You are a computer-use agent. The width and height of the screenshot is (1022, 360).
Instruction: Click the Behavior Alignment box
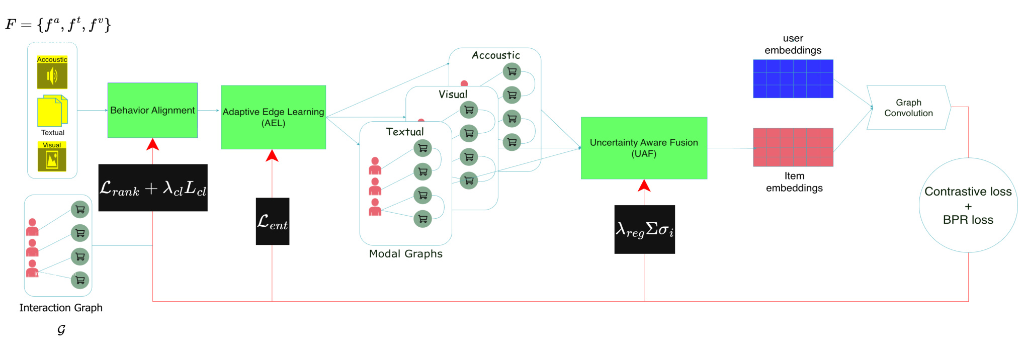[152, 110]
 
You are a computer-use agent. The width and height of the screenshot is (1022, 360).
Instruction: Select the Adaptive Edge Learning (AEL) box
[273, 117]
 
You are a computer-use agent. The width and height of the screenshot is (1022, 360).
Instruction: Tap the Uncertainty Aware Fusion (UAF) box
[644, 148]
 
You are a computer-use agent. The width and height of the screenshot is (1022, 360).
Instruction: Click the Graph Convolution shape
[908, 108]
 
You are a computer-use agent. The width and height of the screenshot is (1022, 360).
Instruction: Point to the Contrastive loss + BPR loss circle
[968, 205]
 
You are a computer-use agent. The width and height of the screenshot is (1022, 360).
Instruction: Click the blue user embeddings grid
[793, 78]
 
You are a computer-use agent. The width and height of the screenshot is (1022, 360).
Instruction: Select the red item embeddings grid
[793, 147]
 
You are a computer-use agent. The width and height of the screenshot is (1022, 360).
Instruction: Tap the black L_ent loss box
[273, 221]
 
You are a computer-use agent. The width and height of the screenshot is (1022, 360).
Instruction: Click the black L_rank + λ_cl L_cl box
[153, 188]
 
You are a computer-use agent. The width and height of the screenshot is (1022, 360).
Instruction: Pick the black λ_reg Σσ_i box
[645, 229]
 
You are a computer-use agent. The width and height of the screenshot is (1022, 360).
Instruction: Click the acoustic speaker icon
[52, 76]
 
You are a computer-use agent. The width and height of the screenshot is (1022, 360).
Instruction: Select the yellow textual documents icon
[52, 111]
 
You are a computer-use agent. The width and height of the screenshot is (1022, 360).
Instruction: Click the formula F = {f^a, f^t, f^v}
[58, 24]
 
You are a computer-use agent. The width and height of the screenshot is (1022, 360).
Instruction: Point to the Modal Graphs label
[406, 254]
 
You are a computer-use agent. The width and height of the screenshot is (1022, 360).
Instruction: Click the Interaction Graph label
[61, 308]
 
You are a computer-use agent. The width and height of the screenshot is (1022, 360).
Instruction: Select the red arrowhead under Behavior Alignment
[152, 144]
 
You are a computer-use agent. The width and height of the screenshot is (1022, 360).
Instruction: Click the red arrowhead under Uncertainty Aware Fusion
[644, 186]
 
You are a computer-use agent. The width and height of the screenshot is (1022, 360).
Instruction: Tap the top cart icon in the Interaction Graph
[80, 210]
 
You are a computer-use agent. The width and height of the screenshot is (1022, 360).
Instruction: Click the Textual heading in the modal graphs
[405, 132]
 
